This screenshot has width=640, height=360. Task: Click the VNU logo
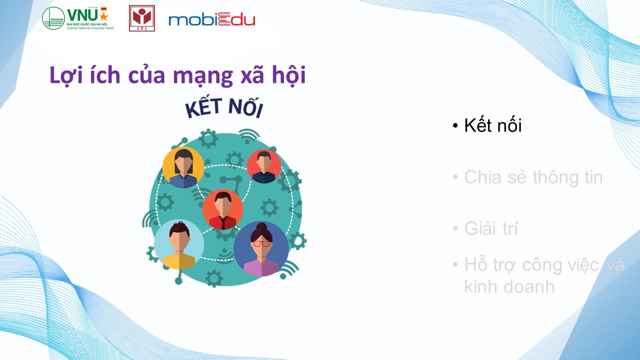(x=78, y=18)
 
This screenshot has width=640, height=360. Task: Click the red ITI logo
(x=142, y=18)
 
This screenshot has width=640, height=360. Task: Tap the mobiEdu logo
(x=211, y=19)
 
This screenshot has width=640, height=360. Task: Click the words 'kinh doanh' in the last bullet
(x=509, y=286)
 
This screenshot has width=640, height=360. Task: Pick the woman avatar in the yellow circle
(x=183, y=167)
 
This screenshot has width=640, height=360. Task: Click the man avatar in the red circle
(x=263, y=166)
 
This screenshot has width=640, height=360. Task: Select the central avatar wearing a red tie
(x=223, y=209)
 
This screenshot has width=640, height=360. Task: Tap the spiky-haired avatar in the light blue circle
(x=179, y=245)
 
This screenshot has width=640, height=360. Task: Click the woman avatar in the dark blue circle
(x=261, y=249)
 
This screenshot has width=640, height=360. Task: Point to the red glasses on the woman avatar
(x=261, y=243)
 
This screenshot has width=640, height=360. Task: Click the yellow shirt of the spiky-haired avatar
(x=179, y=261)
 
